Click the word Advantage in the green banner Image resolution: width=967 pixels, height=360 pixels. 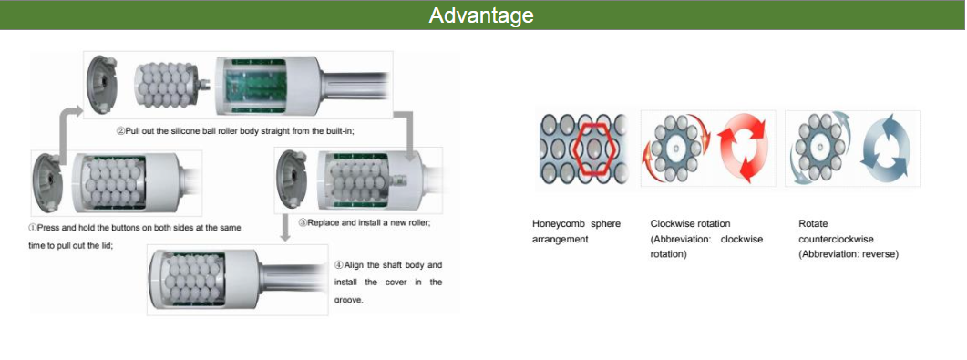[481, 15]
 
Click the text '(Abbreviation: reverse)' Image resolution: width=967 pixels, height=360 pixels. [848, 254]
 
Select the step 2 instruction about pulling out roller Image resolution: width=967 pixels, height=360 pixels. [234, 131]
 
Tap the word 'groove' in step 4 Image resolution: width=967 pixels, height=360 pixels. [349, 299]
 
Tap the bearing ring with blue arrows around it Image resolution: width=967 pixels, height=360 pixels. [816, 148]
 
